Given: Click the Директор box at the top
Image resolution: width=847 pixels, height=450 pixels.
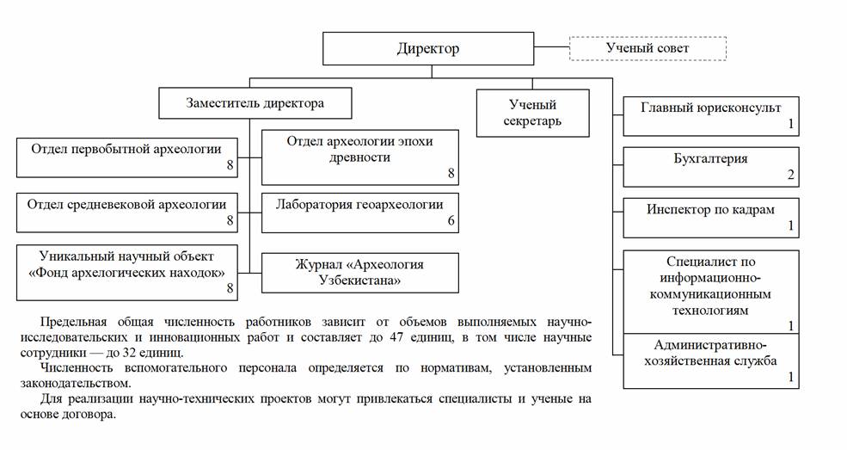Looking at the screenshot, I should [428, 49].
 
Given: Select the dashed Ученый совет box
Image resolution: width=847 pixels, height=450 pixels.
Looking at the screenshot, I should [648, 48].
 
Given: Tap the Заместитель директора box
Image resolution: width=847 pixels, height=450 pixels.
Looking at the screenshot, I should [255, 103].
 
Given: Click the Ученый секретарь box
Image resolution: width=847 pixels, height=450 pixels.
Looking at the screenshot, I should [533, 114].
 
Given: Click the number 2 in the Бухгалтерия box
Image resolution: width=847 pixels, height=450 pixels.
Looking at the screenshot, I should [790, 175].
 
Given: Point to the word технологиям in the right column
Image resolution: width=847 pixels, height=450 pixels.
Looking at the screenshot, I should [710, 310].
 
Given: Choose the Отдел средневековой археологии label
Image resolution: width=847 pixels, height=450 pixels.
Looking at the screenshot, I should [126, 204].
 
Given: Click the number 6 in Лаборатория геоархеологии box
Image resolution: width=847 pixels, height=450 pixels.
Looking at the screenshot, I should [451, 221].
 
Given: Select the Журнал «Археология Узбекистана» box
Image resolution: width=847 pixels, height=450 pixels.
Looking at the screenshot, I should [359, 272].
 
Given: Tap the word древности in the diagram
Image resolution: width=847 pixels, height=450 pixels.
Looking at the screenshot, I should [359, 157].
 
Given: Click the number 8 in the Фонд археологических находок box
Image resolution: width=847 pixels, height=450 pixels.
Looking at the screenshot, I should [230, 288].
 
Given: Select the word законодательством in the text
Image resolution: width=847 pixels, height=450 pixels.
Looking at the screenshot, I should [75, 384].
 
